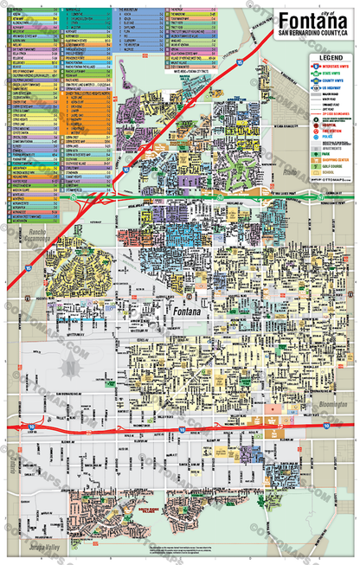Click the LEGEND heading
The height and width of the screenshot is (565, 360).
point(331,57)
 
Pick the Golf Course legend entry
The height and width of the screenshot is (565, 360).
point(330,167)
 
